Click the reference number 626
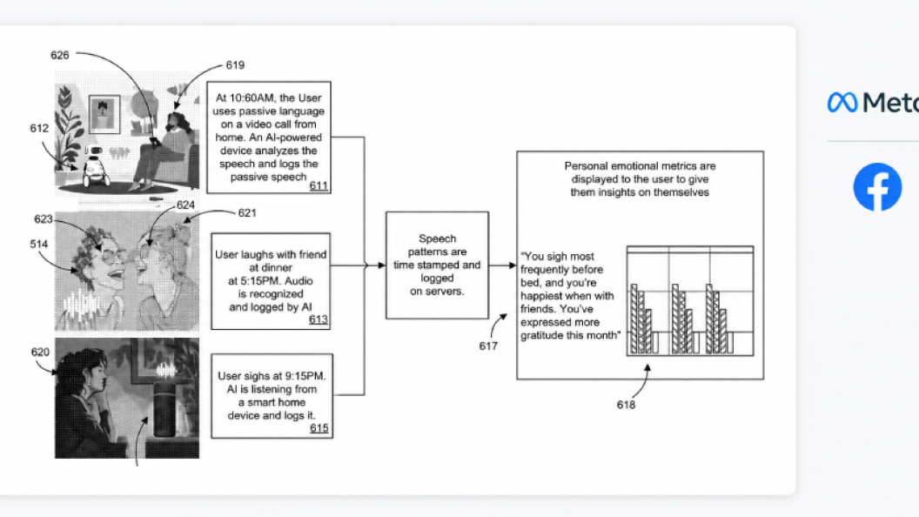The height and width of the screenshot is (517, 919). [60, 55]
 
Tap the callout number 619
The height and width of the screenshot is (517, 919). [235, 65]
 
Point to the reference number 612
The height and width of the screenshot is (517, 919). [39, 128]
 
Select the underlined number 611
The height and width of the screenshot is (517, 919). [319, 185]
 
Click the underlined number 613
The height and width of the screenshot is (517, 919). [319, 319]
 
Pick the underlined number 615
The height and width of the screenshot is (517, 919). [319, 428]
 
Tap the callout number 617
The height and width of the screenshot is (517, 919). [488, 346]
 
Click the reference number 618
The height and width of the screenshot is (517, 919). [626, 405]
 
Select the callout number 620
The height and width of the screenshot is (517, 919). [40, 352]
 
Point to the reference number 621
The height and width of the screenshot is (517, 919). [247, 212]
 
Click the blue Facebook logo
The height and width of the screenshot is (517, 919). [877, 187]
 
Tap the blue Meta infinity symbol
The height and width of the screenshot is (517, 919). [842, 103]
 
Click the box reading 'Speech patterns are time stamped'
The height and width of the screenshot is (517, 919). [437, 265]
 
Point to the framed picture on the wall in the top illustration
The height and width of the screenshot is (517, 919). [104, 114]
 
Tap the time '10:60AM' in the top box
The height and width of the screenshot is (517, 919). [255, 97]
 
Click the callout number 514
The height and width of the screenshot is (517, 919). [39, 244]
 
